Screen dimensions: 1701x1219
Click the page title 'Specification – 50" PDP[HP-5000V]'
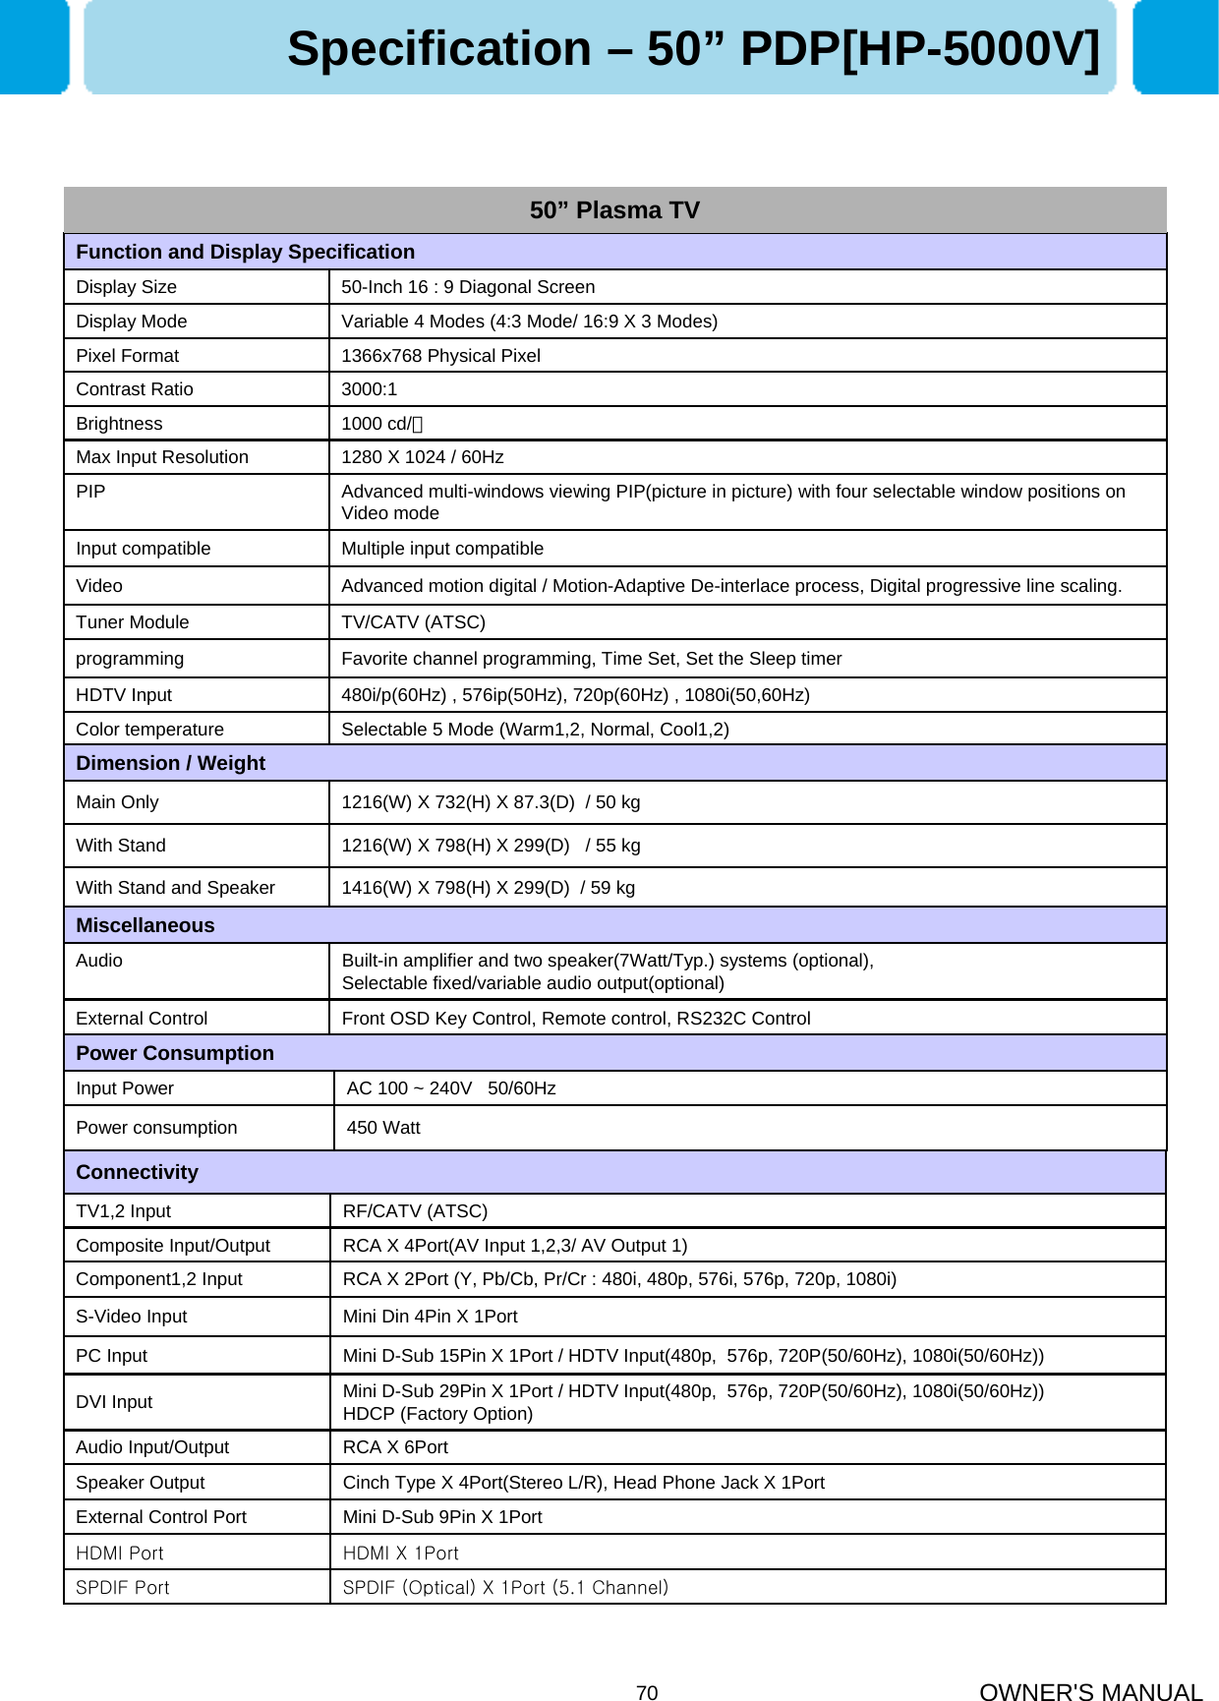[x=693, y=49]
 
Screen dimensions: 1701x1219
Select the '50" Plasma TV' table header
[x=614, y=210]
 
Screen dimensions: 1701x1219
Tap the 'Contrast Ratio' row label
[x=135, y=389]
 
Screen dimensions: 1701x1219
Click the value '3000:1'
[x=369, y=389]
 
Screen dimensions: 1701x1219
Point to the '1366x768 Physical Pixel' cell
[x=440, y=356]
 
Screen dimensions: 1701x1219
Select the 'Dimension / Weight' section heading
[x=170, y=763]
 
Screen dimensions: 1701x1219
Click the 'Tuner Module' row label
[x=132, y=622]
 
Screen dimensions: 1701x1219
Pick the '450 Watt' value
[x=383, y=1128]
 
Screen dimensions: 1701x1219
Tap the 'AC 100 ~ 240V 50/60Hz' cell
[x=450, y=1088]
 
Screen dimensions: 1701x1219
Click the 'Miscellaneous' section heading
[x=145, y=925]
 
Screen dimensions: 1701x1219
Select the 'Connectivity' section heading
[x=137, y=1172]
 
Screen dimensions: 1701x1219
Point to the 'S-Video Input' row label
[x=131, y=1317]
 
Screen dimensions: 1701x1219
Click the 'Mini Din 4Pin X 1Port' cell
[x=430, y=1317]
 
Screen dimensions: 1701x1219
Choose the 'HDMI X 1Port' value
[x=400, y=1554]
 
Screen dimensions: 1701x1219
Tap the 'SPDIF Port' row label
[x=122, y=1588]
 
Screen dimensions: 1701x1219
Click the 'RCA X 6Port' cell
[x=395, y=1447]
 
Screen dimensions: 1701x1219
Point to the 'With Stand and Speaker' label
[x=175, y=888]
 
